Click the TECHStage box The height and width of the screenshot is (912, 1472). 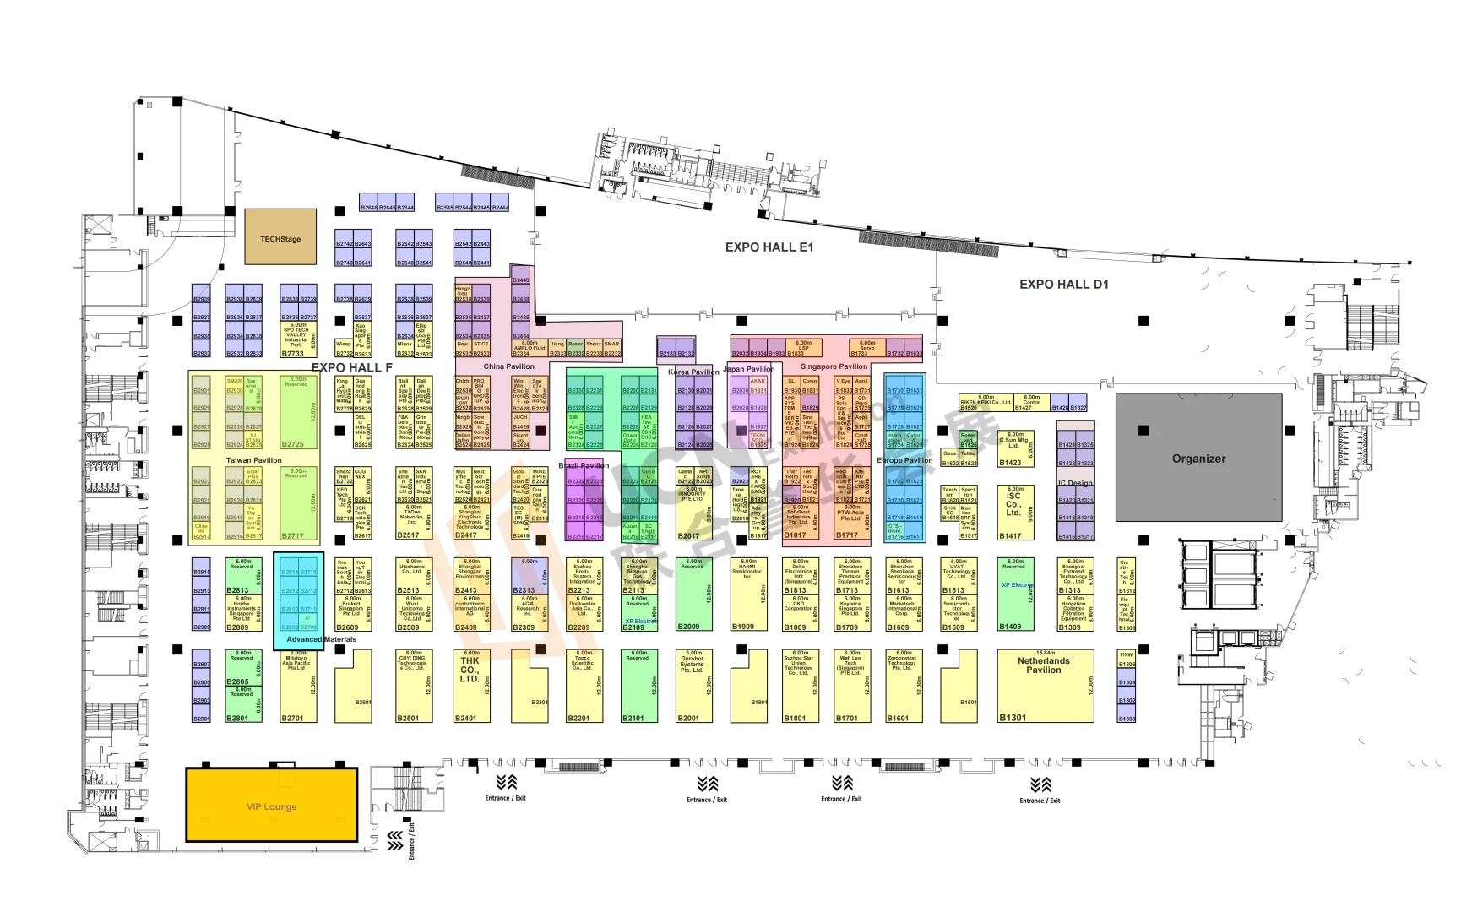[280, 239]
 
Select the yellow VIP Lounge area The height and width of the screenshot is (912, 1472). [271, 806]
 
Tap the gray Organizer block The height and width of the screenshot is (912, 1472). [1198, 459]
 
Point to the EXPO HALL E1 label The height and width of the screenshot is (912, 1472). [769, 247]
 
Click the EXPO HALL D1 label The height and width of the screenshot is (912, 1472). [1063, 285]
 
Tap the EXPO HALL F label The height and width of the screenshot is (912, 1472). [351, 368]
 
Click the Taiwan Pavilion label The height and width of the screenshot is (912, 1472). [253, 460]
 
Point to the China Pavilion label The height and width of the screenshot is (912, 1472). [508, 366]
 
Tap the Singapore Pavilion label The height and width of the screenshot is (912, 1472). [834, 366]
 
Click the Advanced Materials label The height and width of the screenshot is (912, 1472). [322, 639]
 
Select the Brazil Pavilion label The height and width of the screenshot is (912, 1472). [584, 465]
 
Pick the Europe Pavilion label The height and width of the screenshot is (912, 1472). [904, 460]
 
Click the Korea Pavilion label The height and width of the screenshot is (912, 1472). [693, 372]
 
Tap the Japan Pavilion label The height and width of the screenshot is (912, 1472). [749, 369]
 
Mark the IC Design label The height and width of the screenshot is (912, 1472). [1075, 483]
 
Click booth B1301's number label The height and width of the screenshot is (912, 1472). [1012, 718]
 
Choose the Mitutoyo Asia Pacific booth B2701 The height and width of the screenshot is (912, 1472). [298, 686]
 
